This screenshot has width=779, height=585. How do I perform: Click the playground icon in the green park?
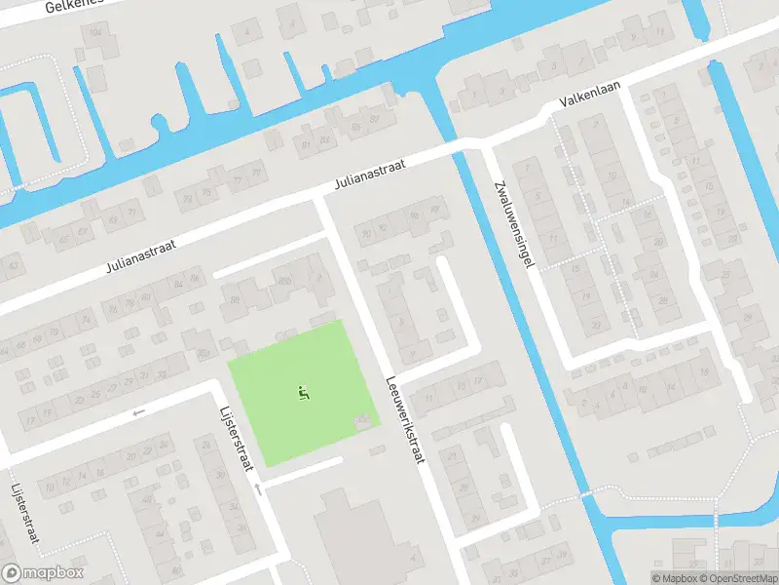(304, 393)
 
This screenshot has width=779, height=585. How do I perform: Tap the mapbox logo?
(43, 573)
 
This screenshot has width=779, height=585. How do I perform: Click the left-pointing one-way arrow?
(138, 412)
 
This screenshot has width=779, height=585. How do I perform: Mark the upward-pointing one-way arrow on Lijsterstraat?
(259, 487)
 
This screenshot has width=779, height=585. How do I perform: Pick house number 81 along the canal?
(307, 144)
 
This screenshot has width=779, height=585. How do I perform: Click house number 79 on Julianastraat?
(256, 173)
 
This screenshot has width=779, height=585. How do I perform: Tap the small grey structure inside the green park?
(364, 421)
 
